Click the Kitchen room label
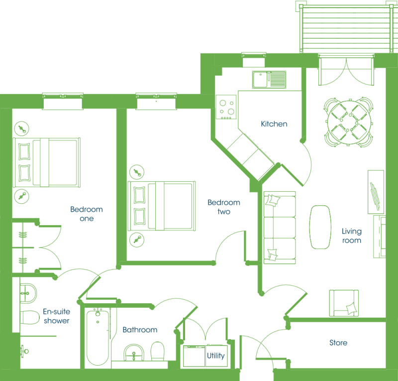pos(274,124)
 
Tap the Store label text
pos(338,343)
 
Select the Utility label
pos(216,356)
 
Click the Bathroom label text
pos(140,330)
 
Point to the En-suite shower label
pos(56,316)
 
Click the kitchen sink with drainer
pos(269,80)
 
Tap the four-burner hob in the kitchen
pos(226,107)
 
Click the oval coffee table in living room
pos(320,227)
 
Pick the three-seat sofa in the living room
pos(280,228)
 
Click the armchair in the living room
pos(344,303)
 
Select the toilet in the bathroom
pos(158,351)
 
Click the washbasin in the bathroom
pos(134,353)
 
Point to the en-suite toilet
pos(30,317)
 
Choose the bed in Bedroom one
pos(47,162)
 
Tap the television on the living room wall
pos(375,196)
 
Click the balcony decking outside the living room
pos(346,28)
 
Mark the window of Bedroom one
pos(63,102)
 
